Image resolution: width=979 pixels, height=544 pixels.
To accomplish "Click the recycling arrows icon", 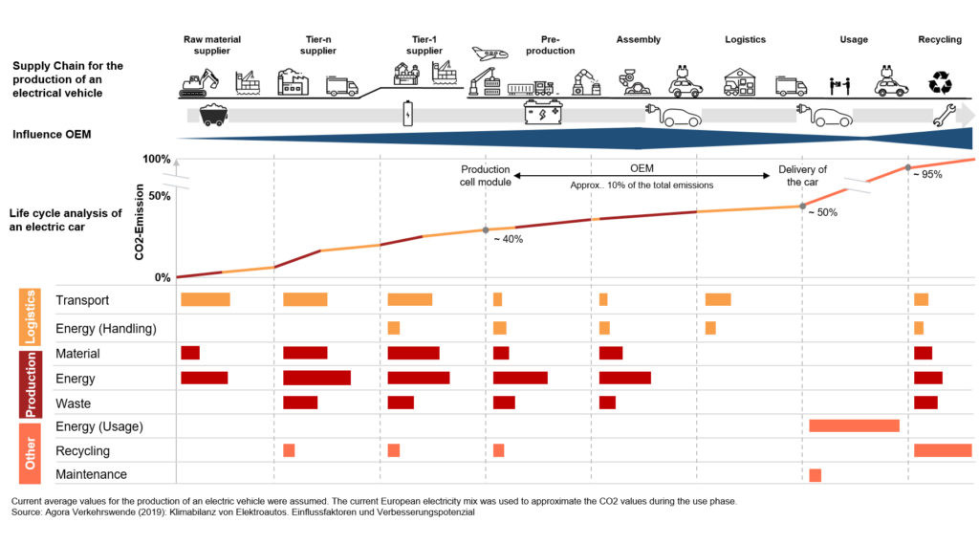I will tap(940, 83).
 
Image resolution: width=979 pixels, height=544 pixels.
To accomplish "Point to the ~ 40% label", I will tap(508, 239).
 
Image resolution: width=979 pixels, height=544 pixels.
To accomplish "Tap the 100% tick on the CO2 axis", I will tap(156, 159).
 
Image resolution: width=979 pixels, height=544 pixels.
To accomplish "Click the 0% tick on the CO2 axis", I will tap(162, 278).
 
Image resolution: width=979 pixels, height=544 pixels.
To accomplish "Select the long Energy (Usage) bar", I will tap(854, 425).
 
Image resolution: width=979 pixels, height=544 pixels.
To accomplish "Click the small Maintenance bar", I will tap(815, 475).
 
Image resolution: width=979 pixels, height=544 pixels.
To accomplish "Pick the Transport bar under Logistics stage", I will tap(718, 300).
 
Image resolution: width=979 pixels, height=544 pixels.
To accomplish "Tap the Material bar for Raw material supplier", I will tap(190, 353).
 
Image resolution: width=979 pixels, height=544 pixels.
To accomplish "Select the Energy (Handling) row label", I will tap(106, 329).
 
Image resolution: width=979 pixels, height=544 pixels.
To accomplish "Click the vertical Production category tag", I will tap(30, 384).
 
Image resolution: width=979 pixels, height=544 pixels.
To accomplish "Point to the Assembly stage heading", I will tap(639, 40).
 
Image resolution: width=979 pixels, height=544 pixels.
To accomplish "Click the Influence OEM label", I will tap(52, 135).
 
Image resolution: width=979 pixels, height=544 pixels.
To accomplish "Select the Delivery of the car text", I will tap(802, 176).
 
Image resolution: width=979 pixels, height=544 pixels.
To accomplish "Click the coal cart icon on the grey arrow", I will tap(213, 115).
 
